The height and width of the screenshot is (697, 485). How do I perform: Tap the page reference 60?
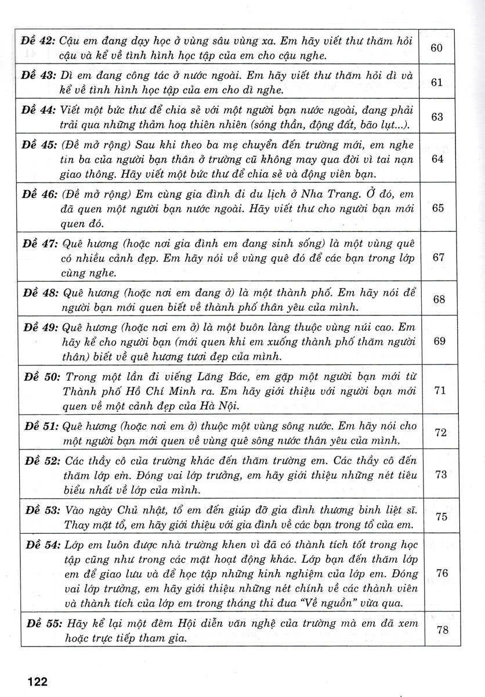438,48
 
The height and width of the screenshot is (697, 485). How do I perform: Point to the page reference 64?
438,159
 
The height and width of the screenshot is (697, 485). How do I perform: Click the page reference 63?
438,117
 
